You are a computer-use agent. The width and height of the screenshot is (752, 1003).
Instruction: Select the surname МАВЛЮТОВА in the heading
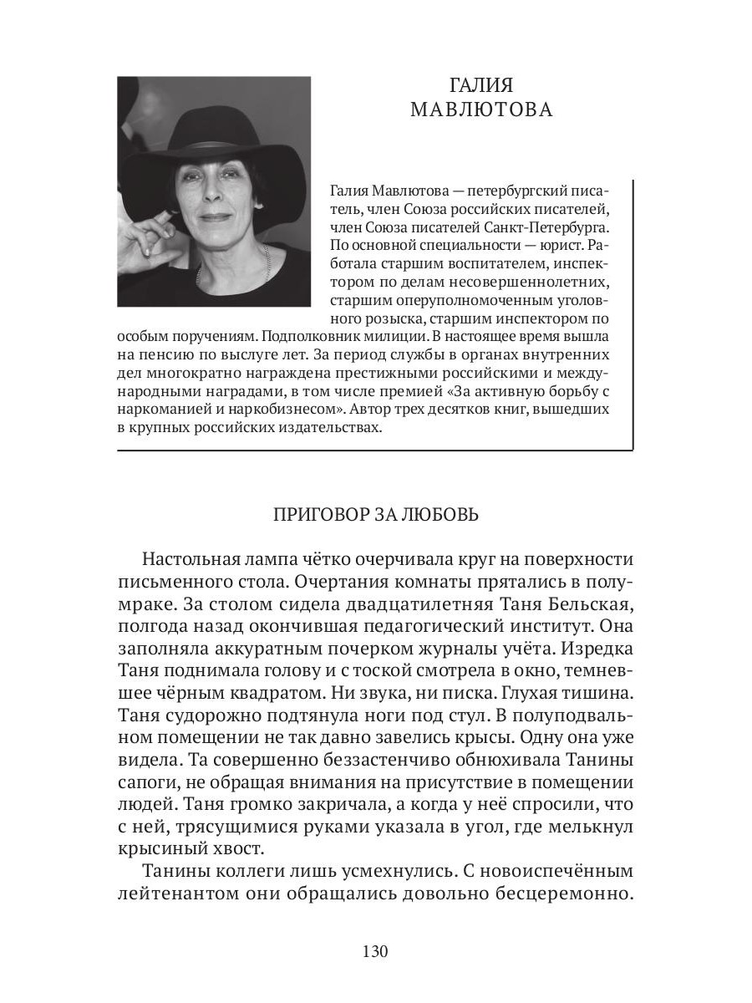[480, 110]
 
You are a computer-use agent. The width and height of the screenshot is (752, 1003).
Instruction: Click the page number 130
[375, 951]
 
